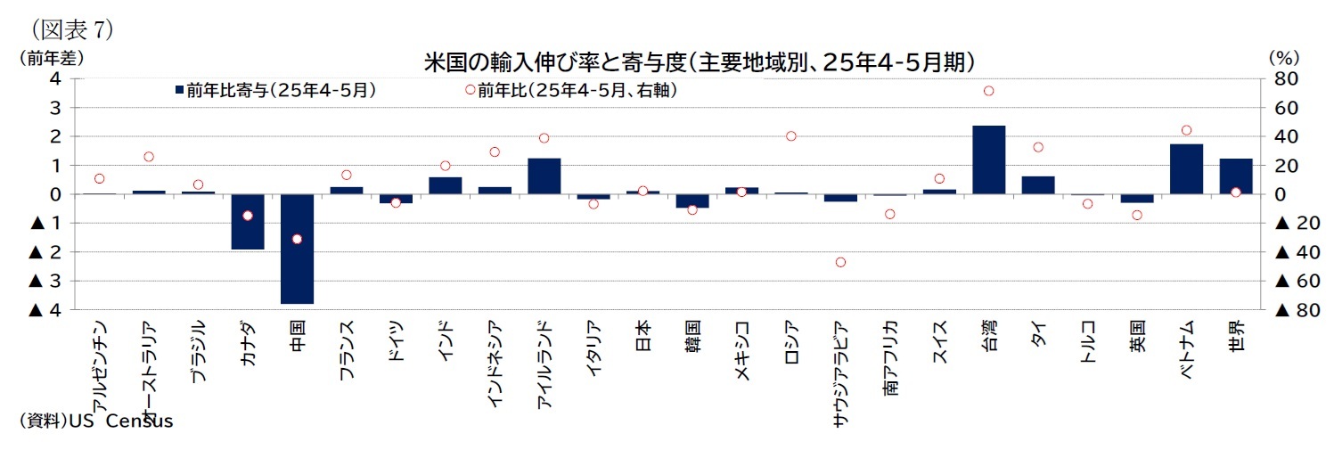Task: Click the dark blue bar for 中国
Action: pos(297,249)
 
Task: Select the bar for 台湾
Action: pos(988,159)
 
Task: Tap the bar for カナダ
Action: pos(247,221)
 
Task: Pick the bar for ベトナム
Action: pos(1186,168)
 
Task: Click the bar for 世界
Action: pos(1235,176)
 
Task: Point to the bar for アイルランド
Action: pos(544,176)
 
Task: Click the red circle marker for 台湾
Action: pos(988,91)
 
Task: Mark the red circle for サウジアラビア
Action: pos(840,262)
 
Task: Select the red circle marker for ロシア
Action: pos(790,136)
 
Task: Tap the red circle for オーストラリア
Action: pos(148,157)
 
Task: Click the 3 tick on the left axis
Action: pos(54,108)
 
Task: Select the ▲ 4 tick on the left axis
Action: pos(45,310)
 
